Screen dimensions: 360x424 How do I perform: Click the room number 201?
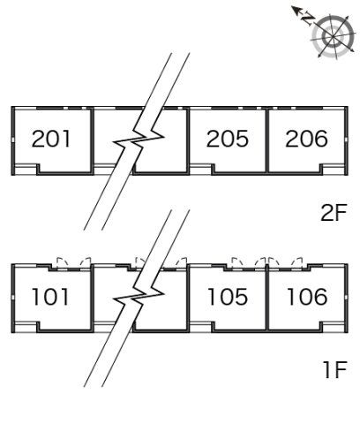point(51,139)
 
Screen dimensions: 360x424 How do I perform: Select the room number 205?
point(228,139)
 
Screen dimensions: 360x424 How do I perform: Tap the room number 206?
point(306,139)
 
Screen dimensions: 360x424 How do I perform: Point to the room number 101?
point(50,297)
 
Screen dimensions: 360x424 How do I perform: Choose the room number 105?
point(228,297)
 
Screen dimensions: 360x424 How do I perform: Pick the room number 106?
point(307,297)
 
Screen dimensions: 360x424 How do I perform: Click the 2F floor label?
point(334,213)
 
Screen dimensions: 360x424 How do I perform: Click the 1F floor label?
point(335,370)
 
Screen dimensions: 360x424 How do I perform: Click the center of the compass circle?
point(334,37)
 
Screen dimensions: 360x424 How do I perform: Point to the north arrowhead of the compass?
point(295,11)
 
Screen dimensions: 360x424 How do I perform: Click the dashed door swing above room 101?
point(74,263)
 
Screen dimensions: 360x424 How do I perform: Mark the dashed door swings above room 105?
point(248,263)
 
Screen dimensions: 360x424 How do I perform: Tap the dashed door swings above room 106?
point(285,263)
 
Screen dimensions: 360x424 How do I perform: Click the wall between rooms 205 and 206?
point(267,140)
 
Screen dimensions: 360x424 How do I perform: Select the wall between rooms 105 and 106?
point(267,298)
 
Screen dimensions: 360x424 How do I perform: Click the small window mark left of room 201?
point(13,140)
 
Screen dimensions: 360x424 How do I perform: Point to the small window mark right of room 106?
point(347,297)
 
